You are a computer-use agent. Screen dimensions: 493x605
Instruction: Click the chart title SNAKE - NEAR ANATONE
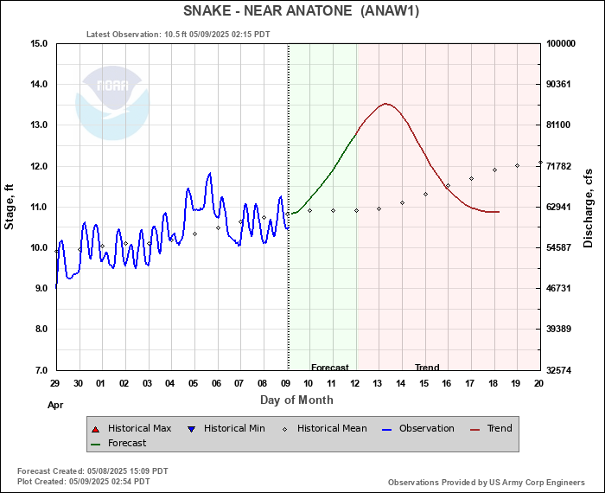(302, 11)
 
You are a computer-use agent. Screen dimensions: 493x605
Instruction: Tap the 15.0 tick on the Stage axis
(37, 43)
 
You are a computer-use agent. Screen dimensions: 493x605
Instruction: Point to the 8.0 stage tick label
(37, 330)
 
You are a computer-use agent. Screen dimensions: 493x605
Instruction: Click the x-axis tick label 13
(378, 383)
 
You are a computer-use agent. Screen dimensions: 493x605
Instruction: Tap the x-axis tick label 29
(54, 383)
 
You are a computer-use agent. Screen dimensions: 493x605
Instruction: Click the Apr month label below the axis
(54, 404)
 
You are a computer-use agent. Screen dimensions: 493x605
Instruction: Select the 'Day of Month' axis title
(296, 400)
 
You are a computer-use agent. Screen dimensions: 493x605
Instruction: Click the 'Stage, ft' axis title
(10, 206)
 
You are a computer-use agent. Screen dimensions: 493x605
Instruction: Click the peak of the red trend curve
(386, 104)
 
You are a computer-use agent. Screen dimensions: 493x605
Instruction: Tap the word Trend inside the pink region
(427, 368)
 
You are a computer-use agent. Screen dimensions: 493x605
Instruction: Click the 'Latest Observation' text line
(178, 35)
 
